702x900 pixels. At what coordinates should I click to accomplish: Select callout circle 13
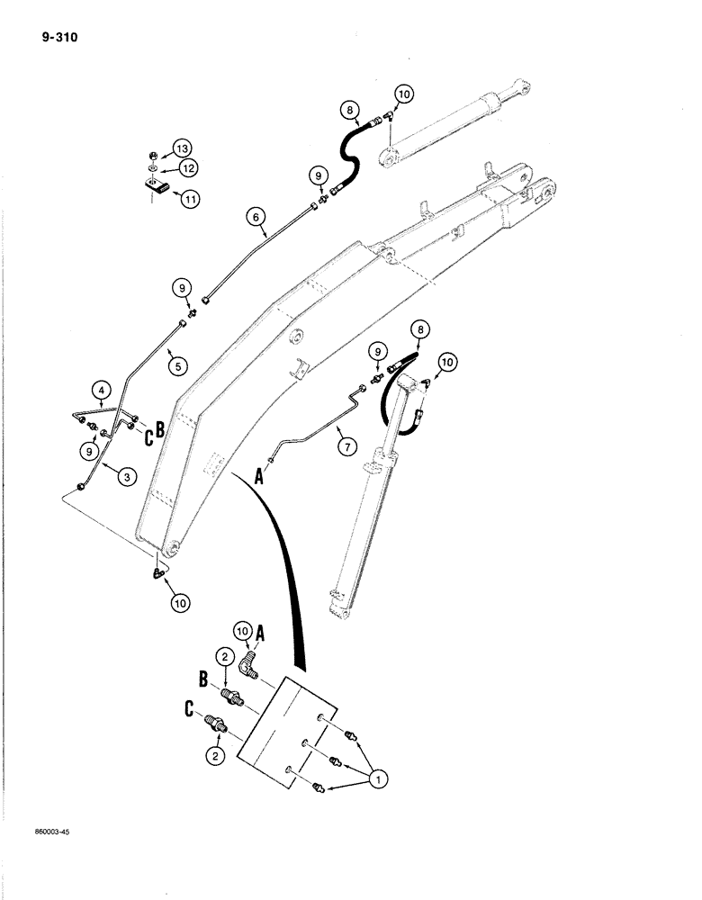click(183, 148)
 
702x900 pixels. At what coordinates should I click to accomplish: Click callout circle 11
click(189, 200)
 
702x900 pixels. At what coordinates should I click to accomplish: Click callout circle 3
click(127, 479)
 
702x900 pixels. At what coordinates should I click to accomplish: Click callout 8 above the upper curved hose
click(349, 112)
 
